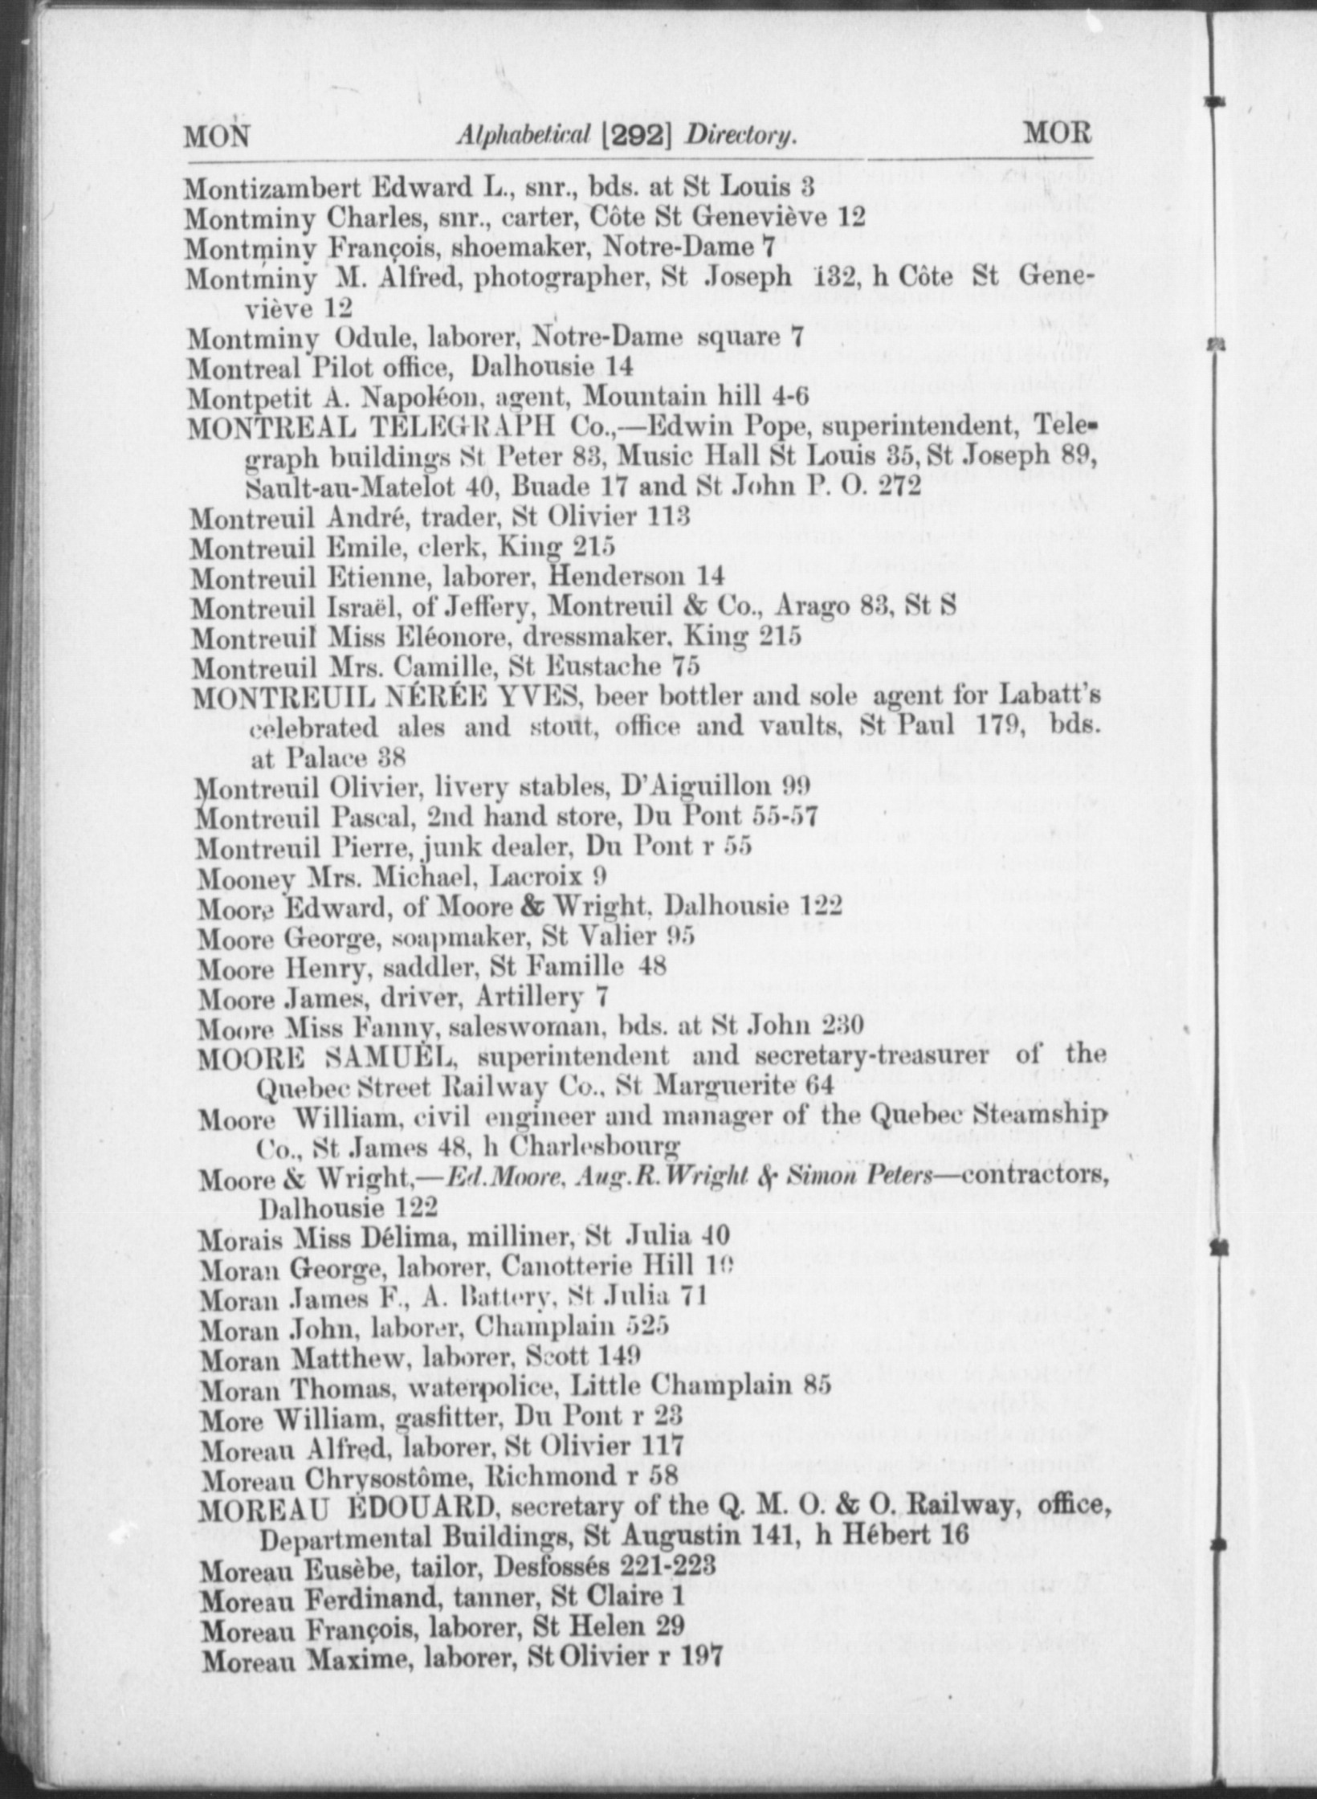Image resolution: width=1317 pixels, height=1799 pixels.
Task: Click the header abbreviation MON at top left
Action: point(217,136)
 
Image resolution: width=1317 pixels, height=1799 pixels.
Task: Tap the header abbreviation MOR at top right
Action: point(1057,134)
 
